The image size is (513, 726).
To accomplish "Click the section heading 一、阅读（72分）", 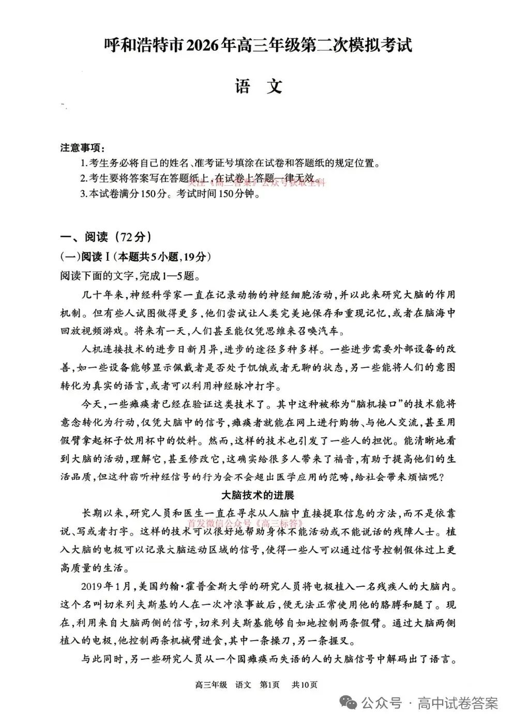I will click(106, 237).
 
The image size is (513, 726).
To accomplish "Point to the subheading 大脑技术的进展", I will click(258, 495).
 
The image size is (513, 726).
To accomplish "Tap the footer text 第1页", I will click(269, 685).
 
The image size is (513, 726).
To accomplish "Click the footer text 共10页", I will click(304, 685).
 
